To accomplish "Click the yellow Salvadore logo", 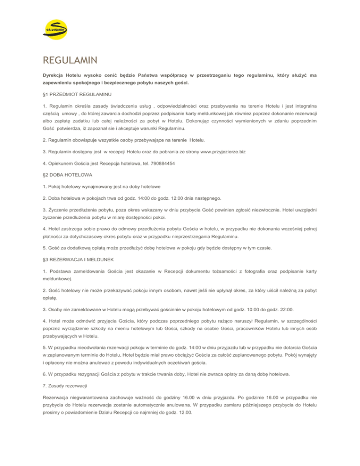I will [55, 31].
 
